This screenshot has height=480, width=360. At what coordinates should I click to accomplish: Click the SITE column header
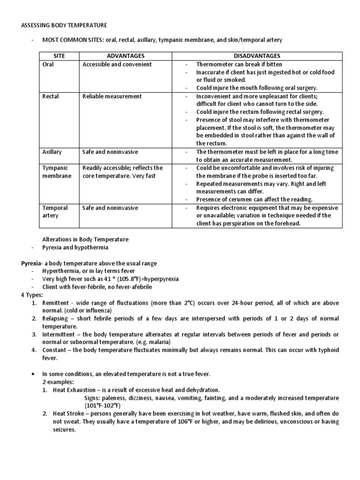(59, 56)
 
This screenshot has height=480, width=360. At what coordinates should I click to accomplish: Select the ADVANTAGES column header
(125, 56)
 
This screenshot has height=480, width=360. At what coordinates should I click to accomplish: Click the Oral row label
(48, 64)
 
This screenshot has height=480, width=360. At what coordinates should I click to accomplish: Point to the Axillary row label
(52, 152)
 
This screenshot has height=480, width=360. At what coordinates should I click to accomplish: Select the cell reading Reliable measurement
(112, 97)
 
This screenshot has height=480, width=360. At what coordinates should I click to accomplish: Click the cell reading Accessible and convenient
(117, 64)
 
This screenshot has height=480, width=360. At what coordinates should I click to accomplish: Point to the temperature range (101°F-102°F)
(103, 406)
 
